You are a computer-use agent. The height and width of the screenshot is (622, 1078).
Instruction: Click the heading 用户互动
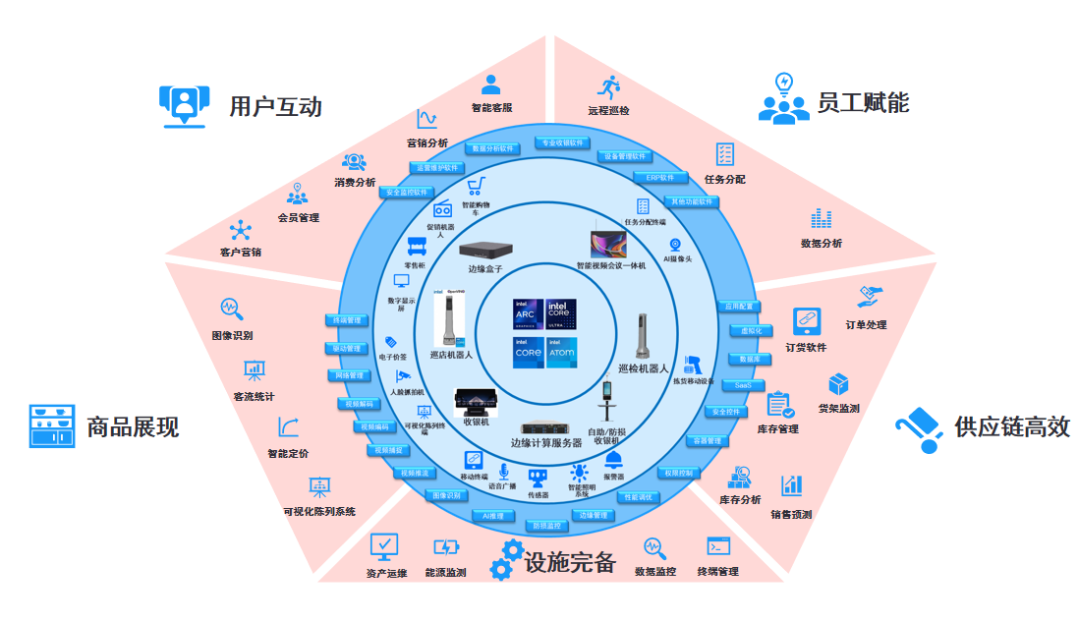(x=275, y=105)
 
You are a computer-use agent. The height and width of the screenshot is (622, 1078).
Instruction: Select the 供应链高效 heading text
(x=1011, y=426)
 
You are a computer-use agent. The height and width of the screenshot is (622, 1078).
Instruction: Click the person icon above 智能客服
(x=490, y=85)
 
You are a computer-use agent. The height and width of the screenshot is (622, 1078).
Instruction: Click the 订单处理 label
(x=866, y=324)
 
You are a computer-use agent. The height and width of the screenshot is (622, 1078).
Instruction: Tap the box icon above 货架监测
(x=838, y=384)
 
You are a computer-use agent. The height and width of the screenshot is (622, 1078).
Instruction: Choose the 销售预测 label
(x=791, y=514)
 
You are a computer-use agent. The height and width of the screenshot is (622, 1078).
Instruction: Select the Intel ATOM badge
(x=561, y=352)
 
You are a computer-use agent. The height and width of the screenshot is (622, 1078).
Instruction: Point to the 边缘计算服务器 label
(x=546, y=443)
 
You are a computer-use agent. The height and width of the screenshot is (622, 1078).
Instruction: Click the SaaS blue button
(x=743, y=385)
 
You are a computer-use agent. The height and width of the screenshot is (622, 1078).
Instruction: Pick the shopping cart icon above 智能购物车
(x=476, y=187)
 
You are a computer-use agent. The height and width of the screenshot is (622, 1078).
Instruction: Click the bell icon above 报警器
(x=613, y=459)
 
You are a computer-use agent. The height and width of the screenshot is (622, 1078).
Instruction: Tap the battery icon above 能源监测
(x=445, y=546)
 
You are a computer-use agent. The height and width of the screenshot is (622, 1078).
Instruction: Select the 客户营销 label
(x=241, y=253)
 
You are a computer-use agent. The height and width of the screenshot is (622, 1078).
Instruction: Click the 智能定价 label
(x=288, y=454)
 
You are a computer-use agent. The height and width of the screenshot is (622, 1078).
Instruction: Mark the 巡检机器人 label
(x=643, y=368)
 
